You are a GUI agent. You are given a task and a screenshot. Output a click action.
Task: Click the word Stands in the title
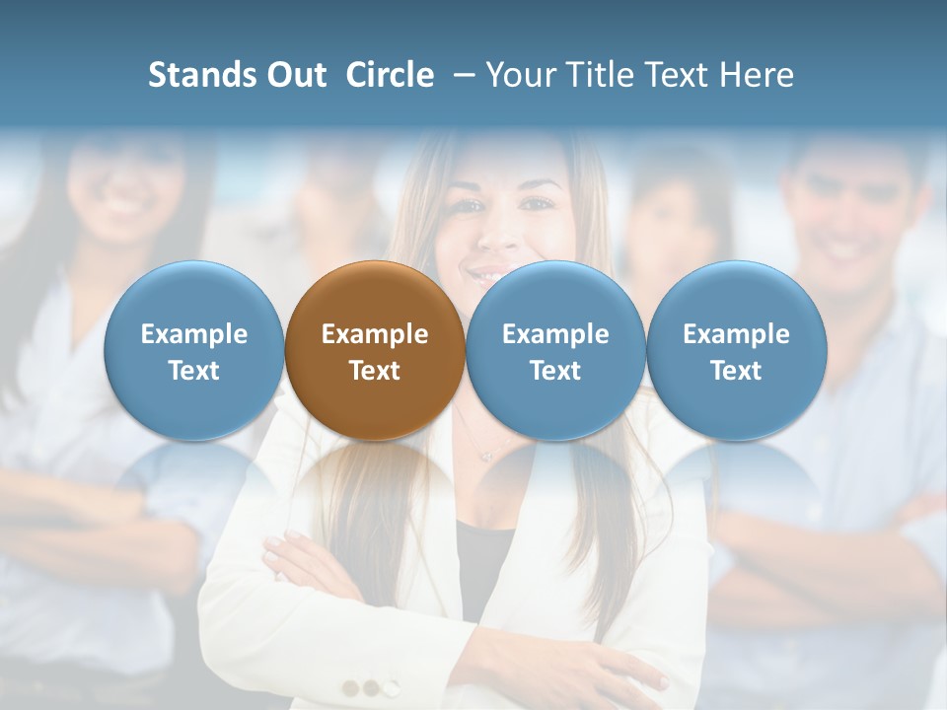coord(195,75)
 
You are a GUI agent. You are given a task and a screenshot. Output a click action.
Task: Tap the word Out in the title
coord(293,75)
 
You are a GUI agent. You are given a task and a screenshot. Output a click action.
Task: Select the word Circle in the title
coord(390,75)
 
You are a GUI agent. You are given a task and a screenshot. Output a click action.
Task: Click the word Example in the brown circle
coord(375,334)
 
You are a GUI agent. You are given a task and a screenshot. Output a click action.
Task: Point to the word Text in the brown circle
coord(375,371)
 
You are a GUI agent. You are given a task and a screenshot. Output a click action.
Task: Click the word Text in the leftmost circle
coord(193,371)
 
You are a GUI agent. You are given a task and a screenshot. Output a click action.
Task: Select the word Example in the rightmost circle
coord(736,334)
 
